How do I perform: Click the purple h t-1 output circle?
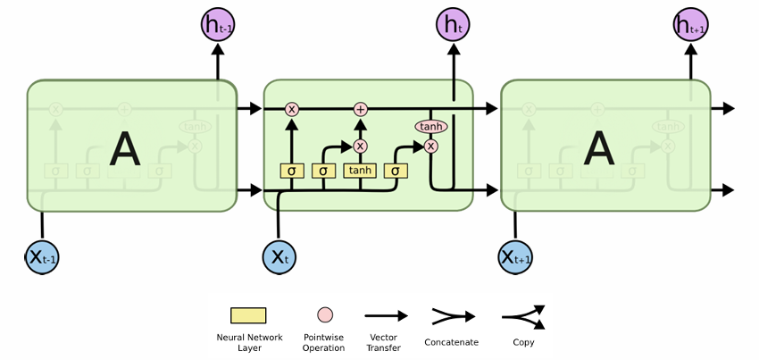218,25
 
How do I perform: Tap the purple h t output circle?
453,25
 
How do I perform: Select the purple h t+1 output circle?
690,25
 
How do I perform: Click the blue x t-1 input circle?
42,256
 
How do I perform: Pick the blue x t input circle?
279,256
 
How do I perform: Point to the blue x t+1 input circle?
515,256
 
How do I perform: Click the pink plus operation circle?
360,109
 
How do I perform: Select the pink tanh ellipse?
430,127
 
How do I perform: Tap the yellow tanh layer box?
360,171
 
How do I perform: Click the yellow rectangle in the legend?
248,315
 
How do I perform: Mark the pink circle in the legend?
325,315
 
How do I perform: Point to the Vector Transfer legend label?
383,342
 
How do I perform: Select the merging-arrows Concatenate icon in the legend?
454,317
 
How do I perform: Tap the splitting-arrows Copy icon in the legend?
524,317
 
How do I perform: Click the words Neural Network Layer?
249,342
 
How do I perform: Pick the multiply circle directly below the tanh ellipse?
430,146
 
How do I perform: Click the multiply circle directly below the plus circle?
360,146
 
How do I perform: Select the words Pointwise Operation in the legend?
323,342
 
